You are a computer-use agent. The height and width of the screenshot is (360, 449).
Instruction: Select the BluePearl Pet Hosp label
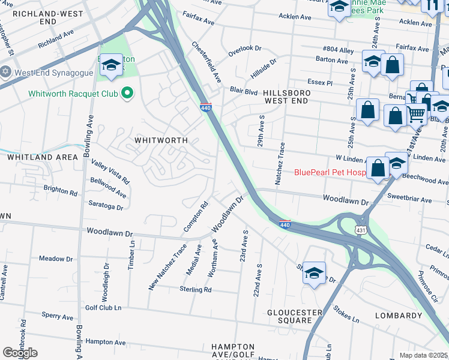point(330,172)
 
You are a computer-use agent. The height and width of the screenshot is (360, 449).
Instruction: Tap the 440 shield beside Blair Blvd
point(205,107)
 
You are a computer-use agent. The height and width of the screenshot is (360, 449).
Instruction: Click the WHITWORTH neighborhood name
point(161,140)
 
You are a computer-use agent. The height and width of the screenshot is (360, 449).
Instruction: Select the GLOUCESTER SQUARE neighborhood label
point(295,316)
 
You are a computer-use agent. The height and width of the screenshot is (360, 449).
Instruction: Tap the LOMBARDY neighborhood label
point(399,315)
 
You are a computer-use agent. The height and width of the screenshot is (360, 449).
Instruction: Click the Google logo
point(20,352)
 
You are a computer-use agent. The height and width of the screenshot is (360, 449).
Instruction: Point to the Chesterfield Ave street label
point(206,62)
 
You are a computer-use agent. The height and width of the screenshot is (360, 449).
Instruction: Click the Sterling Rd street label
point(196,289)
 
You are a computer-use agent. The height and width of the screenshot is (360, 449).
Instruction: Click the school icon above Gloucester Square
point(314,273)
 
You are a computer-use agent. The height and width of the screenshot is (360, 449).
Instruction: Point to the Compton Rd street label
point(196,217)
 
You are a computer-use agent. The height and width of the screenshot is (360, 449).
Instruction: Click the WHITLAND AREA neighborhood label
point(42,157)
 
